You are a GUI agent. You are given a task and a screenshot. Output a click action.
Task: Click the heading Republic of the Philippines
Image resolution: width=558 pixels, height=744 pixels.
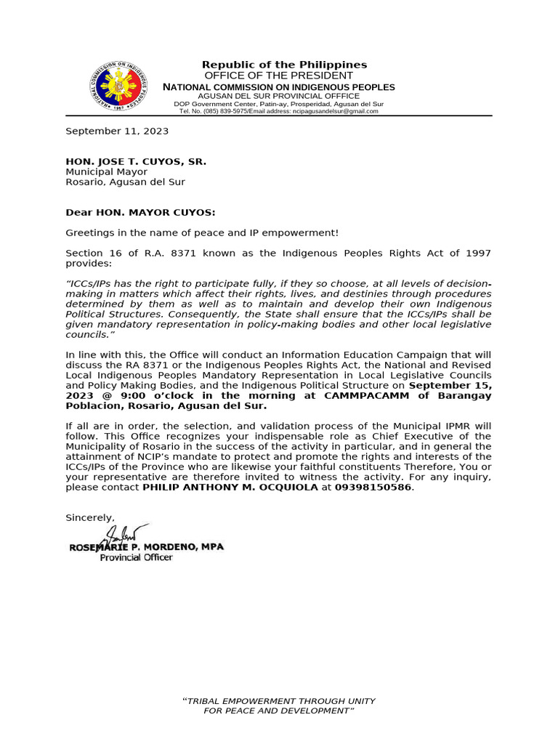coord(284,65)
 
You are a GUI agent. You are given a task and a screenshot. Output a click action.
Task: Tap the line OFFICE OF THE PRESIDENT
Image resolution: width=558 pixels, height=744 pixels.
coord(278,76)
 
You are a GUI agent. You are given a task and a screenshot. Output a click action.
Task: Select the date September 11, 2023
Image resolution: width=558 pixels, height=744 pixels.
coord(117,132)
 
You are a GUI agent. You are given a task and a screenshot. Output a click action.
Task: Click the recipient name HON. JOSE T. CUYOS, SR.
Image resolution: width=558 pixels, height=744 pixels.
coord(136,161)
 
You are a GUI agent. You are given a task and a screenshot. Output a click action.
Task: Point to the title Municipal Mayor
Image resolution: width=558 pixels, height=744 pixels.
coord(106,172)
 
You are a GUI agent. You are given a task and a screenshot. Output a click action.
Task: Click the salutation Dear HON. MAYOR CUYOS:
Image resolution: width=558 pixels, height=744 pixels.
coord(140,213)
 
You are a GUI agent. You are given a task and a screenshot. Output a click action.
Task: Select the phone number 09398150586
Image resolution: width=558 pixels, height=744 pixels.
coord(373,488)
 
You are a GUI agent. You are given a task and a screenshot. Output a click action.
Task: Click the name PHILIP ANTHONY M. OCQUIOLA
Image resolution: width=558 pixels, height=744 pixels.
coord(230,488)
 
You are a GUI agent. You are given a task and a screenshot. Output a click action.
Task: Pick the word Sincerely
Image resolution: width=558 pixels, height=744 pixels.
coord(90,518)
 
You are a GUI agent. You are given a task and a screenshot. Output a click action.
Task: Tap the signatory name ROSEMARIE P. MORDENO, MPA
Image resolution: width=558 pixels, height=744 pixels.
coord(146,546)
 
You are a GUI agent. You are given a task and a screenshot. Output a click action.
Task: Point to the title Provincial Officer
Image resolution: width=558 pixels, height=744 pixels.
coord(136,557)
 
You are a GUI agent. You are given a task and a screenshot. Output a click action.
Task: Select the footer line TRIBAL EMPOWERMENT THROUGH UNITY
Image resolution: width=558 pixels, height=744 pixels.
coord(278,701)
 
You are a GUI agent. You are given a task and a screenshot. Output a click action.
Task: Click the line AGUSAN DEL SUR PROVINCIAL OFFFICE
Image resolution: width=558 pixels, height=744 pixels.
coord(278,96)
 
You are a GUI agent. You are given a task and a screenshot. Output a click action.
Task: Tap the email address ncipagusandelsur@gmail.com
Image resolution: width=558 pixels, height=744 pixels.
coord(335,111)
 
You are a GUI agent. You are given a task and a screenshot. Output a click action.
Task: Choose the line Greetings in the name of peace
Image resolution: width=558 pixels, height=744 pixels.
coord(202,232)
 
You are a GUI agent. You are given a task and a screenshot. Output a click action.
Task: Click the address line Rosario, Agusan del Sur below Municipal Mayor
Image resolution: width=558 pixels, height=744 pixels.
coord(125,182)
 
